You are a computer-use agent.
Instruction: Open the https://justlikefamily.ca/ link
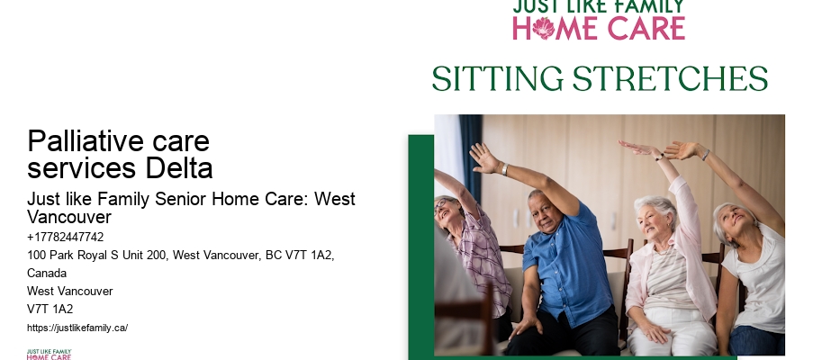pos(77,328)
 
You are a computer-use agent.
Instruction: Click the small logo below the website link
pos(49,354)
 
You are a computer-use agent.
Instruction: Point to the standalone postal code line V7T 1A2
pos(50,309)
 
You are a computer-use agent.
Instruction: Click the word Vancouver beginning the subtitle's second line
pos(69,218)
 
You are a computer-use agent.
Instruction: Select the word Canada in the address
pos(47,273)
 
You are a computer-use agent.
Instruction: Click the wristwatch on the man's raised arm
pos(504,168)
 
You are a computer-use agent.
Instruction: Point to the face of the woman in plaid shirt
pos(449,215)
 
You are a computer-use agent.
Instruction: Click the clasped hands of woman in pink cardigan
pos(656,331)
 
